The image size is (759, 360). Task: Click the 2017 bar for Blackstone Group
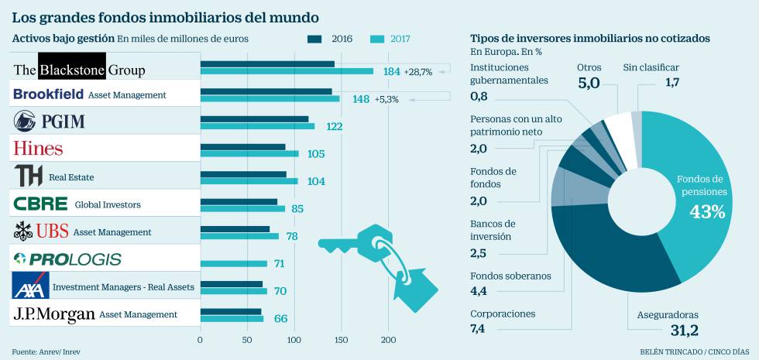287,71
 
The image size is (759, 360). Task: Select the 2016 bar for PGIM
254,118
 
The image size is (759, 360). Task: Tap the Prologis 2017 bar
233,263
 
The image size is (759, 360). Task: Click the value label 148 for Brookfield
360,99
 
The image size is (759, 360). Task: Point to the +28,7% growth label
418,71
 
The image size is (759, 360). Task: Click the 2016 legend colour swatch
315,38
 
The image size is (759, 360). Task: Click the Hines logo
38,148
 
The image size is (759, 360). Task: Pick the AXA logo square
30,286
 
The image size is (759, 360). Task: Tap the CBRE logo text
40,204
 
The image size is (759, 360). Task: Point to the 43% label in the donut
706,212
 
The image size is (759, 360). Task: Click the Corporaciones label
503,314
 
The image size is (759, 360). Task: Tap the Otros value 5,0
589,83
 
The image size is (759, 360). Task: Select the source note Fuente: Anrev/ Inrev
46,351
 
